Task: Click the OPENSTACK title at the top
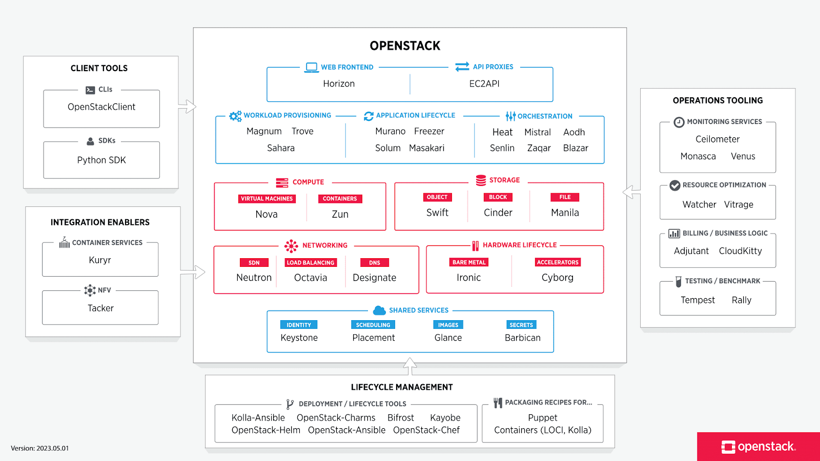(405, 46)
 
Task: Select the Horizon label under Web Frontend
(339, 83)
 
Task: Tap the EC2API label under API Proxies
(484, 83)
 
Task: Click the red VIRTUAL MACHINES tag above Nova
(266, 199)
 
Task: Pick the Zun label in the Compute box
(340, 214)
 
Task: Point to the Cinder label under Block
(498, 213)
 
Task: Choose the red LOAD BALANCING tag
(310, 263)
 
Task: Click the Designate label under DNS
(374, 278)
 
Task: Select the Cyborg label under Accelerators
(557, 278)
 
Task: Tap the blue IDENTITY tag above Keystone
(299, 325)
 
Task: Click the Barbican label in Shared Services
(522, 338)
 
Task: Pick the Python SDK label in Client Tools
(101, 160)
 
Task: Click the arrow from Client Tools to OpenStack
(188, 107)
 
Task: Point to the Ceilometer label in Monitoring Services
(717, 139)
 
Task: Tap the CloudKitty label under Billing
(740, 251)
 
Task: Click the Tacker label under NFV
(100, 308)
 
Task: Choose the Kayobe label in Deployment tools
(445, 418)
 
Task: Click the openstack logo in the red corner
(758, 447)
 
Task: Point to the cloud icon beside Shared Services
(379, 310)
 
